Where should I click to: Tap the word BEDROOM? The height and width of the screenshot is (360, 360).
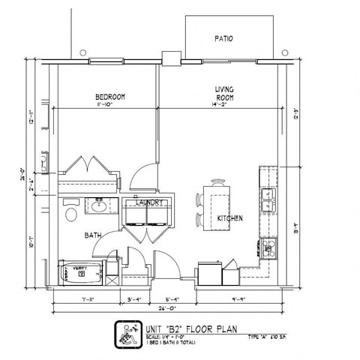(x=109, y=97)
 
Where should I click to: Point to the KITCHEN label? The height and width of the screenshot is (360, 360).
(x=229, y=218)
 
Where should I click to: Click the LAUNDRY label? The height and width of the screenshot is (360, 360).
(x=149, y=202)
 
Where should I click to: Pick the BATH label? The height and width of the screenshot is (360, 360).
(x=93, y=235)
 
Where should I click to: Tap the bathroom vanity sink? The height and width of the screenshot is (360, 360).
(x=99, y=203)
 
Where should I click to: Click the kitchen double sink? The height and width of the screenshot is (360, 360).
(x=268, y=199)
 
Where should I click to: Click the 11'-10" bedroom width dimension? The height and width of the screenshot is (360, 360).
(x=109, y=105)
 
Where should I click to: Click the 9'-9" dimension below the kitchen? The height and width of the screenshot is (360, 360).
(x=239, y=299)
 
